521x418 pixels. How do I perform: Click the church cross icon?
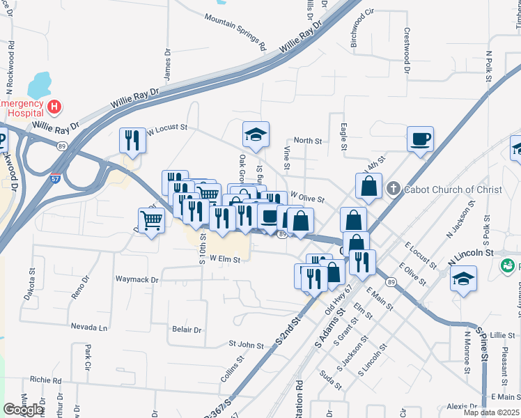pos(394,189)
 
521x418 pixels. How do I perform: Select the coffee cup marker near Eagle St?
pos(420,139)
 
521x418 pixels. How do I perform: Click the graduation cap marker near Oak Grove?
pos(256,134)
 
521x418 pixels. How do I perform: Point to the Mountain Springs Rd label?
pos(236,31)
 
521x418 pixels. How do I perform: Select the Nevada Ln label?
pos(89,327)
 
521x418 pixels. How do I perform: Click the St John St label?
pos(246,344)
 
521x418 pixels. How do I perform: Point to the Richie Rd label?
pos(45,380)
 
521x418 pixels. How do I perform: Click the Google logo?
pos(24,409)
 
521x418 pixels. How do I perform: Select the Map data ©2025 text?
pos(491,412)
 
